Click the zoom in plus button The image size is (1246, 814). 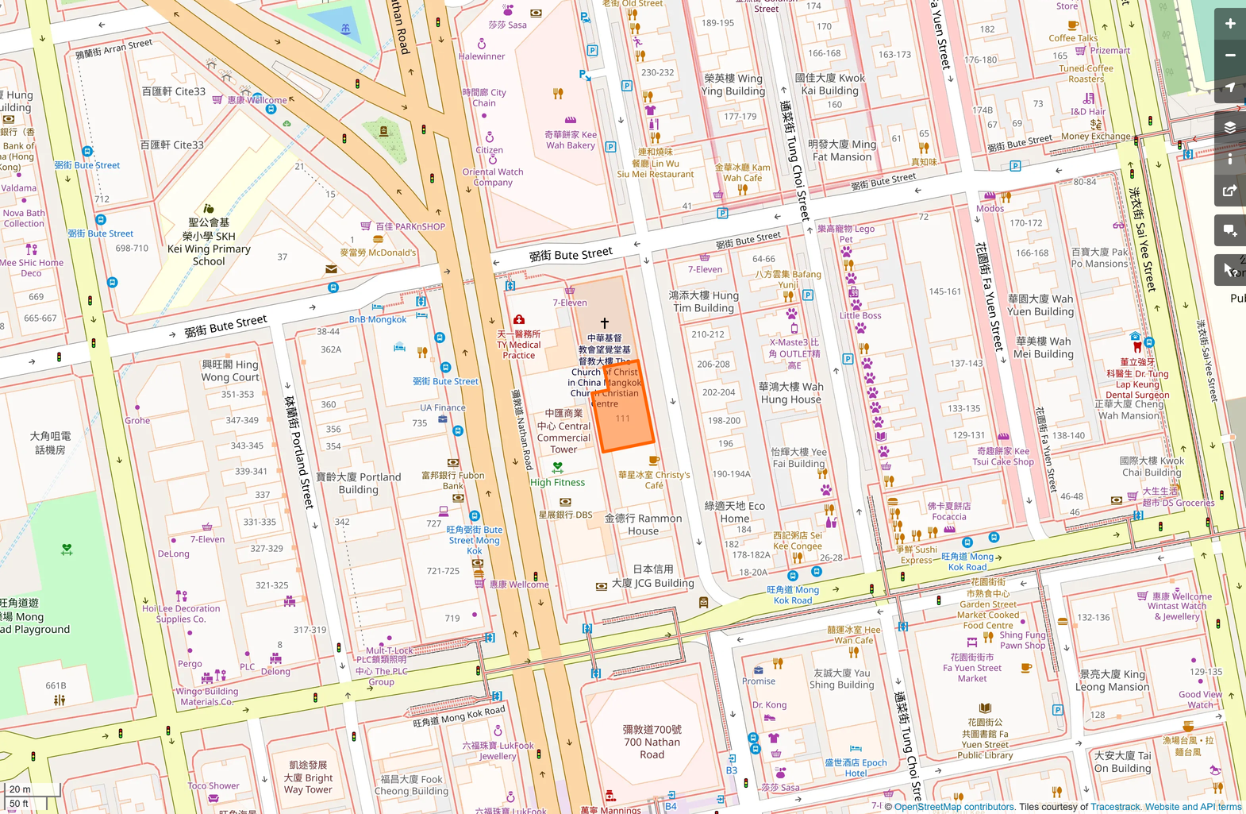[1229, 24]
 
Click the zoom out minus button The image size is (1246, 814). [1229, 56]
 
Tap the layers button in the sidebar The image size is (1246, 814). [1229, 128]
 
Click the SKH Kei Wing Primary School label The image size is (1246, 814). [209, 242]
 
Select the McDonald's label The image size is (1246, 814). [378, 253]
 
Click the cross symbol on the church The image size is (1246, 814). [605, 323]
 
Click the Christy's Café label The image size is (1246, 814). [654, 480]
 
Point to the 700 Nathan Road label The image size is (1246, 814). [652, 742]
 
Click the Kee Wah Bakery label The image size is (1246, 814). [571, 140]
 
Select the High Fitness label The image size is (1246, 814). [557, 482]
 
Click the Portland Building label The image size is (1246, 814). [359, 483]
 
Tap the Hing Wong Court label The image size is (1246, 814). [230, 371]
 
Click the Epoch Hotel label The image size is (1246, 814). [856, 767]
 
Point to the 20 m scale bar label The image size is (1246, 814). [21, 789]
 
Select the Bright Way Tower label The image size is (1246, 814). [308, 777]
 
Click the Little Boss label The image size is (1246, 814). [860, 315]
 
